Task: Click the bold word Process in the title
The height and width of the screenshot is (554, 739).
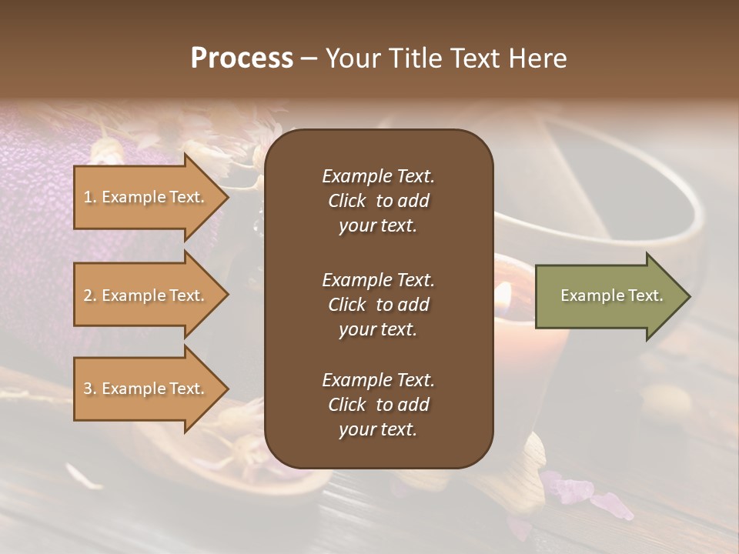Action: pyautogui.click(x=242, y=58)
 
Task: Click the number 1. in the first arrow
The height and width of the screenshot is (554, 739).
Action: pyautogui.click(x=90, y=197)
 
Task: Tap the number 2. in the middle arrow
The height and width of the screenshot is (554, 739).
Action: pyautogui.click(x=90, y=295)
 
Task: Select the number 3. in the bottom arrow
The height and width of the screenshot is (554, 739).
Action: pyautogui.click(x=90, y=389)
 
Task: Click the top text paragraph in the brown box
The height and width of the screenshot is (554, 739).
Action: pyautogui.click(x=378, y=201)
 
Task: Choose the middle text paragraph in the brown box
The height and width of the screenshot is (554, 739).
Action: pyautogui.click(x=378, y=304)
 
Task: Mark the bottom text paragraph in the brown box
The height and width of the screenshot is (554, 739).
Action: pyautogui.click(x=378, y=405)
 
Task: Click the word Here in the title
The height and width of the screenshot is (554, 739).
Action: pyautogui.click(x=538, y=58)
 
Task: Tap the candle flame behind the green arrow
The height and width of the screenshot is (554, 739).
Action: pyautogui.click(x=504, y=292)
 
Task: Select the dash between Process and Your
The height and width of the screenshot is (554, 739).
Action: pyautogui.click(x=309, y=59)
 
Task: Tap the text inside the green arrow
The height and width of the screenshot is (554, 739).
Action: pyautogui.click(x=611, y=295)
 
